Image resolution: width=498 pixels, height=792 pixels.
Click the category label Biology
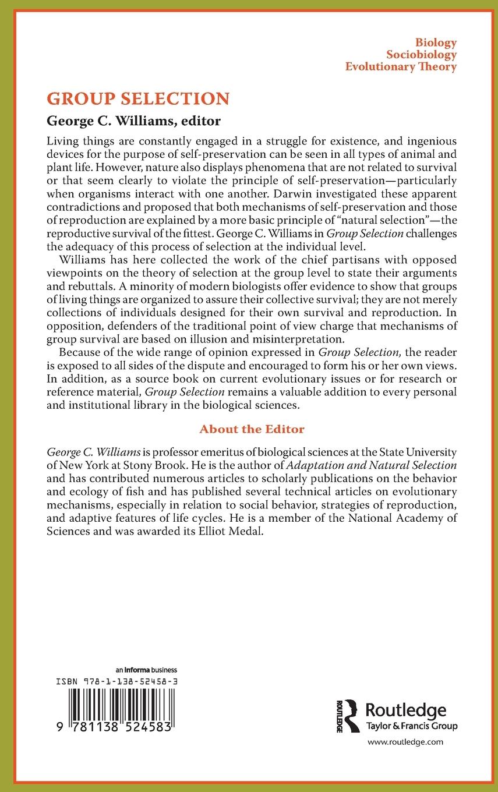(x=436, y=43)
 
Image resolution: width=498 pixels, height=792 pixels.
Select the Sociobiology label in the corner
(x=421, y=55)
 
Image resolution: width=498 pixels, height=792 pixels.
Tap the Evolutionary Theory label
(x=401, y=66)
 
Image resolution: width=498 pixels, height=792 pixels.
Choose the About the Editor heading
(x=252, y=429)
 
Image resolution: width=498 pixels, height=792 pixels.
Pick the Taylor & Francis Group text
(x=411, y=726)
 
